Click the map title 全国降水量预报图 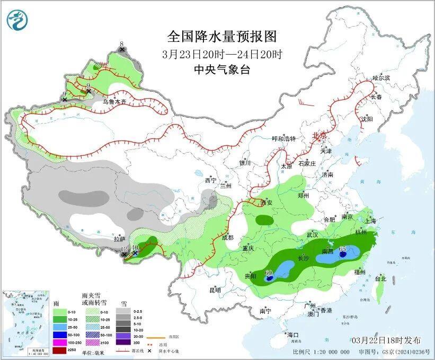click(222, 36)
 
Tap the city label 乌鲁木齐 click(114, 101)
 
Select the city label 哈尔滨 click(380, 77)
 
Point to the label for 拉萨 click(119, 239)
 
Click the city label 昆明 click(215, 290)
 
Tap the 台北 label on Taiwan click(380, 278)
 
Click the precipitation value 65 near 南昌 click(342, 249)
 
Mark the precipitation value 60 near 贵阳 click(269, 274)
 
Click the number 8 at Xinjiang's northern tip click(121, 44)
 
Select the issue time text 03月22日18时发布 click(387, 340)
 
